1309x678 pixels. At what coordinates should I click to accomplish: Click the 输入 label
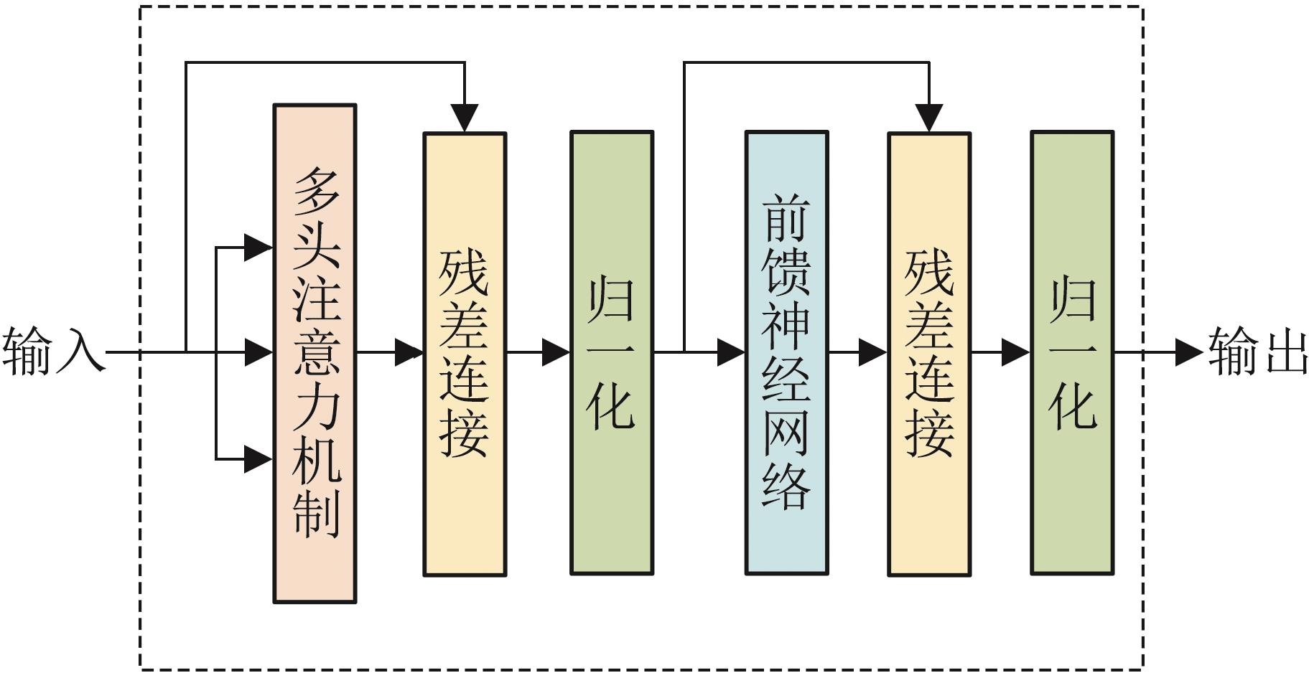52,352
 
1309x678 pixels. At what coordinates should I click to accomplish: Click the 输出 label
1257,352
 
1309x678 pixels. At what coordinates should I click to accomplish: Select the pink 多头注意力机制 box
315,353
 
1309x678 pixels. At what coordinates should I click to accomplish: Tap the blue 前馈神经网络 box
786,353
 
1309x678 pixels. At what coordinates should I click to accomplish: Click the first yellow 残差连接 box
465,353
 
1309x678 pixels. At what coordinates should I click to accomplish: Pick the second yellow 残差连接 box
929,353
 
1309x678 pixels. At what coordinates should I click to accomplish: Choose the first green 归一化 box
611,353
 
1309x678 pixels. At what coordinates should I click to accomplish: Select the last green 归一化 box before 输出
1071,353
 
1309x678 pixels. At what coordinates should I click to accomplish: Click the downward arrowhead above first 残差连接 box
465,118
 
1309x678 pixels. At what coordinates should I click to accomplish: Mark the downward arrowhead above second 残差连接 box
929,118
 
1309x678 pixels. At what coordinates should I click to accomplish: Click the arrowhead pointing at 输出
1188,352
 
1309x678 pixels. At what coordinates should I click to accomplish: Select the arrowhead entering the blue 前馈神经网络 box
731,352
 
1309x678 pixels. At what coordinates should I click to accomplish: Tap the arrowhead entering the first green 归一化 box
556,352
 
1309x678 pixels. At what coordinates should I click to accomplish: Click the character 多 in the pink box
316,192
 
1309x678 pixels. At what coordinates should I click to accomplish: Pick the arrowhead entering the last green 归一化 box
1015,352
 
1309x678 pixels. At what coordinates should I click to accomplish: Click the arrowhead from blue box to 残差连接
872,352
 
